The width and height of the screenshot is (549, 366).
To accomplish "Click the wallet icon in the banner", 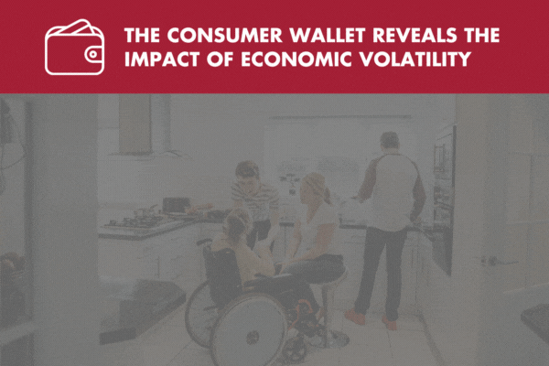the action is (75, 48).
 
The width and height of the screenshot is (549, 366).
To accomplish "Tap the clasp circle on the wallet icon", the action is (92, 54).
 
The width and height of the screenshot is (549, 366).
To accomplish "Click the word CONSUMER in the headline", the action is (224, 35).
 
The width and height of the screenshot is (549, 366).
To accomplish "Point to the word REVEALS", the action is (414, 35).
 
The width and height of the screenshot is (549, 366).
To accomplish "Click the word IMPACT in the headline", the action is (162, 59).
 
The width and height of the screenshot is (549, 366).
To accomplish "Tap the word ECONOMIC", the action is (296, 59).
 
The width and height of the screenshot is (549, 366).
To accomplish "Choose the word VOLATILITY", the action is (415, 59).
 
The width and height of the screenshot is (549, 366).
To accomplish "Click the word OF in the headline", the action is (220, 59).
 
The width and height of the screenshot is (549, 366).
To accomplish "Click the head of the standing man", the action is (390, 141).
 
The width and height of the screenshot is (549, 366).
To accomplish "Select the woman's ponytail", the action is (328, 196).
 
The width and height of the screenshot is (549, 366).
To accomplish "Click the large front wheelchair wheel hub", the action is (253, 338).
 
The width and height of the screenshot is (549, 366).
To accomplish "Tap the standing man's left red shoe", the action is (355, 317).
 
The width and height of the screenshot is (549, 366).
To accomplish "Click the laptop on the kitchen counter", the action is (176, 205).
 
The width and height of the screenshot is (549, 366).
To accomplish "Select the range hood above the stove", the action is (135, 125).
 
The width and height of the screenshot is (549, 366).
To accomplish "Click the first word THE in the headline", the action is (142, 35).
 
